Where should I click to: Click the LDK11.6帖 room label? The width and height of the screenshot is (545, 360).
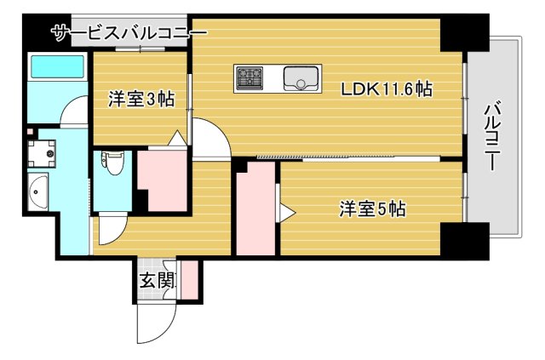[386, 89]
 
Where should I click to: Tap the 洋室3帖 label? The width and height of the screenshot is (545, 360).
[141, 100]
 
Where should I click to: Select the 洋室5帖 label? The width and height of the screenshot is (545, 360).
[371, 209]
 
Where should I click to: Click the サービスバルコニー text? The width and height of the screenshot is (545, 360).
[129, 34]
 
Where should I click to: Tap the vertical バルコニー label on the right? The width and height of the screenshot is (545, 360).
[492, 136]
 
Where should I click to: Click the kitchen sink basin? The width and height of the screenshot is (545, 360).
[301, 78]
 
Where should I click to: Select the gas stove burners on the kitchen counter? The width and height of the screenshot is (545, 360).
[251, 78]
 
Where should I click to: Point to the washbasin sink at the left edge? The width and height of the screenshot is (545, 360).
[38, 194]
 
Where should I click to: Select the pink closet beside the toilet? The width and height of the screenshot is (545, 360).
[162, 180]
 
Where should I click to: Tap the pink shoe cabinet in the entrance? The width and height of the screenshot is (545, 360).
[190, 280]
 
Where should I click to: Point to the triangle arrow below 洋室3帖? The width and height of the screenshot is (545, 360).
[178, 139]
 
